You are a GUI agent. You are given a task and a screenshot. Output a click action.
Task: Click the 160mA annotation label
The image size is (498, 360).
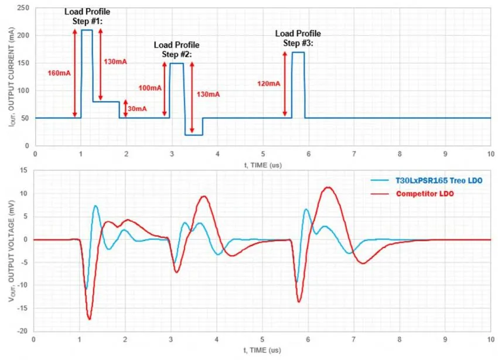(59, 73)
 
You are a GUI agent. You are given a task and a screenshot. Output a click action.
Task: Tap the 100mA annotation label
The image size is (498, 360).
(151, 88)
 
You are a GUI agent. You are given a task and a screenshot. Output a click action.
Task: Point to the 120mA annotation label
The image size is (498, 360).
(269, 83)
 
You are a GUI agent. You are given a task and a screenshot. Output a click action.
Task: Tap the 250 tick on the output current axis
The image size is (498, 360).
(25, 8)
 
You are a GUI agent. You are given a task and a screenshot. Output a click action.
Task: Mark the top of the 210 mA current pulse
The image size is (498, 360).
(87, 30)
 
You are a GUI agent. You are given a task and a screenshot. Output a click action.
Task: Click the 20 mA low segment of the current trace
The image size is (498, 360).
(193, 135)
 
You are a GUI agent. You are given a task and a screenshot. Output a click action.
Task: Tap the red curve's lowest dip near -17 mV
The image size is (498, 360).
(89, 319)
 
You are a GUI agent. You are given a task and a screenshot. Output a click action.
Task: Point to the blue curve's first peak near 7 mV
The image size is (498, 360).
(95, 205)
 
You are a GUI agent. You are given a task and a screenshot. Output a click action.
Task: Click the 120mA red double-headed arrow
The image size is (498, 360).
(285, 84)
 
